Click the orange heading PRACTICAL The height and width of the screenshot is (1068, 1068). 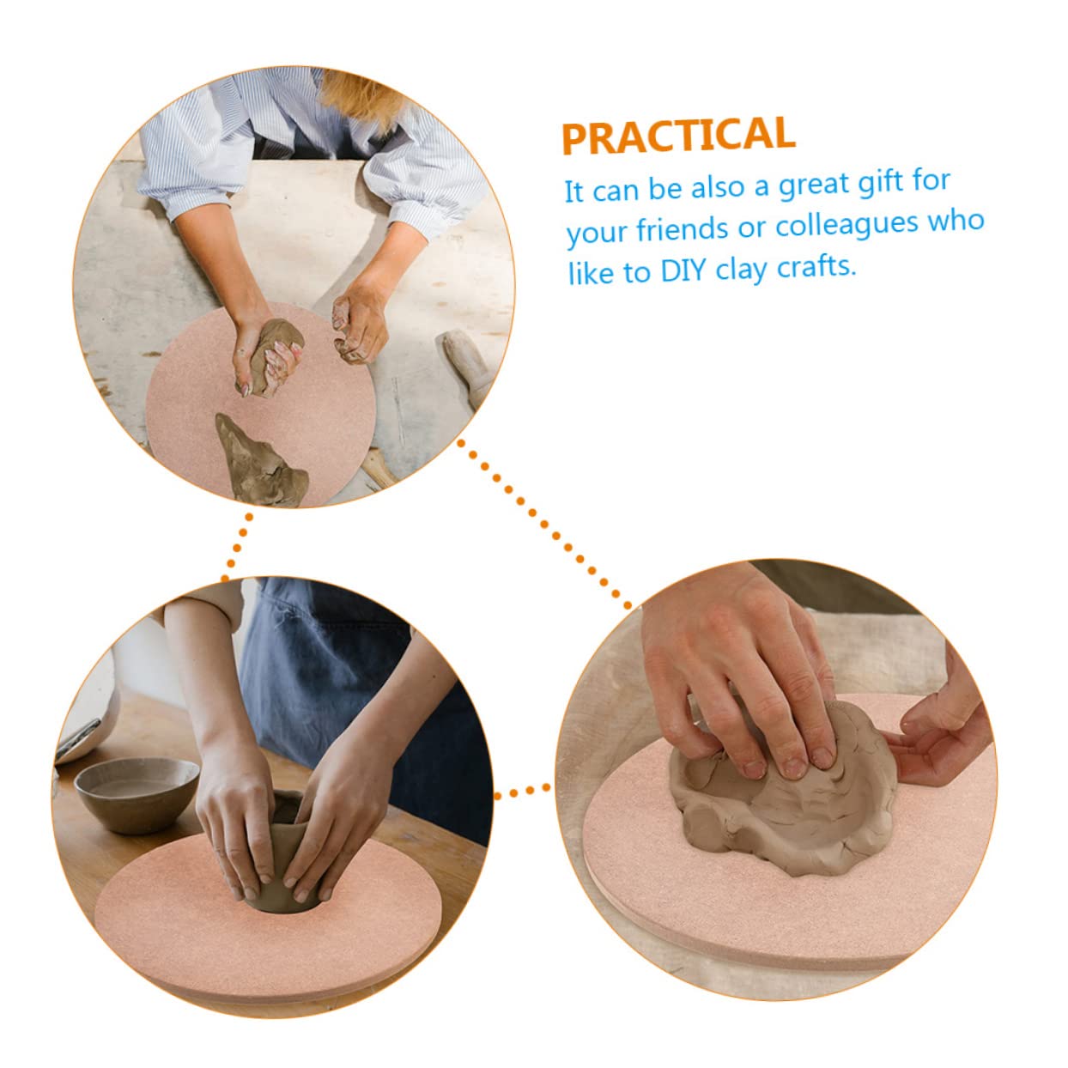678,135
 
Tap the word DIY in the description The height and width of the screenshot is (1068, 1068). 683,271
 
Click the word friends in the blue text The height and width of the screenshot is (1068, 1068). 683,229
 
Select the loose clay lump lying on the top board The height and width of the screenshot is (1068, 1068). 260,461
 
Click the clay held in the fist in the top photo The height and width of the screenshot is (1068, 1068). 274,355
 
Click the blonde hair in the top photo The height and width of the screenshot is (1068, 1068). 361,94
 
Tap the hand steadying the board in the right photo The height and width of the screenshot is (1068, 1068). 942,731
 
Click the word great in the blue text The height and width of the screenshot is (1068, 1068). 815,186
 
